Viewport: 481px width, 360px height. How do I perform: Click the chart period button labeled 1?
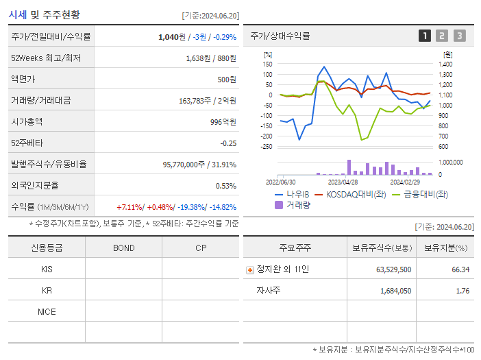[x=425, y=36]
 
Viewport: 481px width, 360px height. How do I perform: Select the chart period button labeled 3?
[x=459, y=36]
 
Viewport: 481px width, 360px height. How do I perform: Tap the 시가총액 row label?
[x=27, y=121]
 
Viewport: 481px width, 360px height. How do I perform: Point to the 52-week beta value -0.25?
[x=228, y=143]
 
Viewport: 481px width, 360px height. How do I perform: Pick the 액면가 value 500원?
[x=225, y=79]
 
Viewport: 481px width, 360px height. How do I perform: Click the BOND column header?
[x=123, y=248]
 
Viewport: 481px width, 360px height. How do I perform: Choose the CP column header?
[x=201, y=248]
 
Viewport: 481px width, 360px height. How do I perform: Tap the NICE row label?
[x=47, y=311]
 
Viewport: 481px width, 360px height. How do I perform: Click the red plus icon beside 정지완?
[x=249, y=269]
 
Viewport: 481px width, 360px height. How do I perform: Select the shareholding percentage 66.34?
[x=460, y=269]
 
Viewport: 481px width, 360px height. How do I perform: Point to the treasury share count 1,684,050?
[x=394, y=291]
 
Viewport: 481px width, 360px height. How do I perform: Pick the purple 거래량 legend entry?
[x=293, y=204]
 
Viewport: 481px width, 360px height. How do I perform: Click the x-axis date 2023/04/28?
[x=343, y=182]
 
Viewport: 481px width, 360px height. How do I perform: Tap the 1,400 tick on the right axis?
[x=445, y=64]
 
